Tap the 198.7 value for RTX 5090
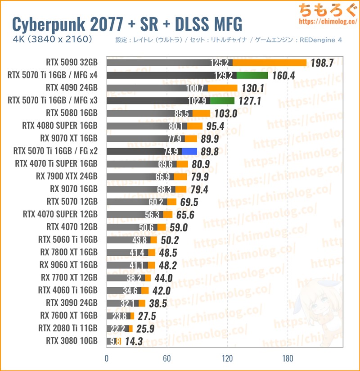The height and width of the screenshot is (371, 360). tap(322, 63)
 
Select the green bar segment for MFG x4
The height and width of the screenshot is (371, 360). tap(252, 75)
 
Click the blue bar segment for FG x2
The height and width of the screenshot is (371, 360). tap(189, 152)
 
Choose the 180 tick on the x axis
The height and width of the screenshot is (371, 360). tap(288, 359)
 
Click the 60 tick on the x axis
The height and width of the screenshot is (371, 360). tap(167, 359)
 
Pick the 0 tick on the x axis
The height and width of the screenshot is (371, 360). tap(107, 359)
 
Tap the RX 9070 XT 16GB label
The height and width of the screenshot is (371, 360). tap(68, 138)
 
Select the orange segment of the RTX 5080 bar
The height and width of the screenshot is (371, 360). tap(201, 113)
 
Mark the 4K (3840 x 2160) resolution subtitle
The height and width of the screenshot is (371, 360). tap(53, 40)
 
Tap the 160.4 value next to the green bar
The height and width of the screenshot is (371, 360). tap(283, 76)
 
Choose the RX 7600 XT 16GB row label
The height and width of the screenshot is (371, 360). tap(68, 316)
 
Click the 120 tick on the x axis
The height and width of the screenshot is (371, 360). tap(227, 359)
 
